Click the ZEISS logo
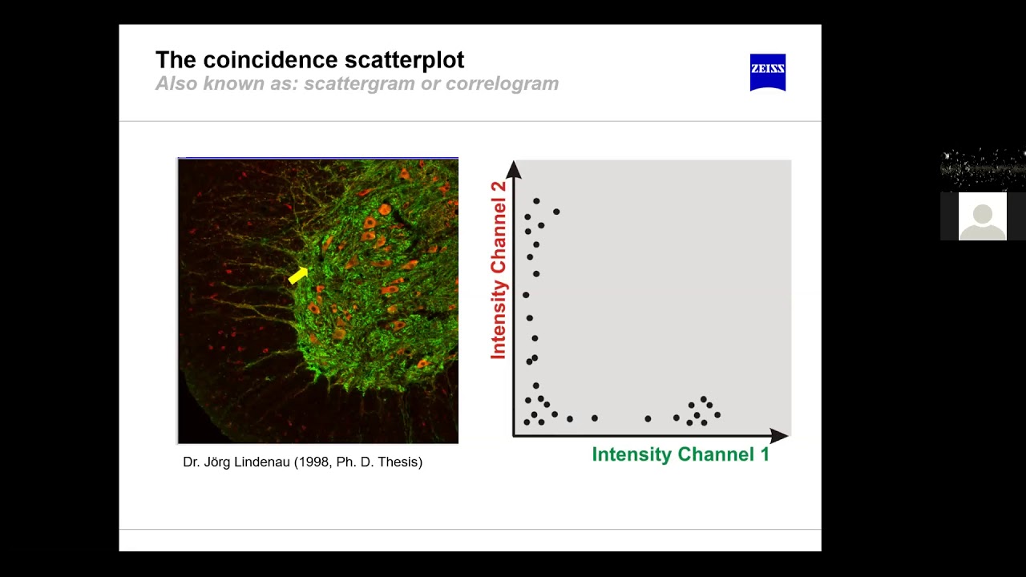click(x=767, y=71)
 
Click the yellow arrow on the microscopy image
click(x=298, y=275)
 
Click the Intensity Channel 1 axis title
click(x=680, y=454)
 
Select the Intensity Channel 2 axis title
click(x=499, y=270)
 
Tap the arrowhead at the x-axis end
click(x=778, y=436)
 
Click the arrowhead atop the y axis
click(x=514, y=170)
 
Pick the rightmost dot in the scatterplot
click(x=717, y=414)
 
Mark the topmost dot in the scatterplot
click(x=536, y=200)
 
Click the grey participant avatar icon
click(x=982, y=216)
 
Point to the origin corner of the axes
click(x=514, y=436)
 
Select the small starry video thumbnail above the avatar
click(x=982, y=169)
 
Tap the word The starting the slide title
click(x=176, y=60)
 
